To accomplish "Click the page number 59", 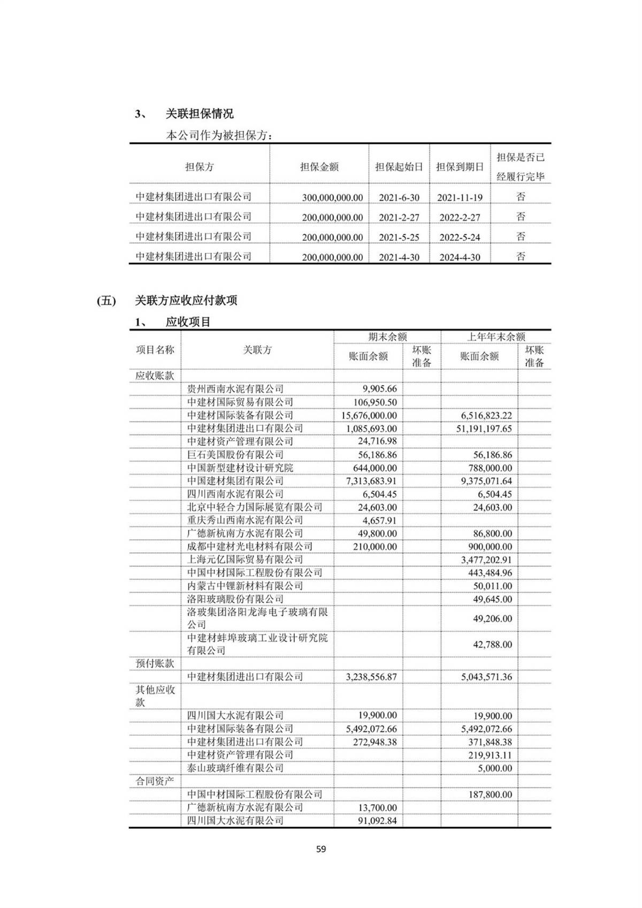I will click(x=321, y=849).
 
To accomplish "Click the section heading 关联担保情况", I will click(x=200, y=114).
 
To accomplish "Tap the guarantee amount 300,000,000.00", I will click(x=332, y=197).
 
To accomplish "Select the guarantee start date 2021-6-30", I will click(x=399, y=197).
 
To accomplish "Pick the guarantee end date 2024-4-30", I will click(x=460, y=257).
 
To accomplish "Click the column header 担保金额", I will click(x=319, y=167).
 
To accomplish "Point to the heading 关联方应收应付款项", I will click(x=186, y=301).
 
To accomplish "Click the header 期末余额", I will click(x=387, y=337).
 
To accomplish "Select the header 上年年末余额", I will click(x=496, y=337).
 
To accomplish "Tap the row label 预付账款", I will click(x=155, y=663).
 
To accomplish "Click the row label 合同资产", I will click(x=155, y=781).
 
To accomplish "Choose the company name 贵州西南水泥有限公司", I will click(x=235, y=389).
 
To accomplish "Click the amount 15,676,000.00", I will click(x=369, y=415).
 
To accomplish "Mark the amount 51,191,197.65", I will click(x=484, y=429).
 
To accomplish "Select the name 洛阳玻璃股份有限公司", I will click(x=235, y=599).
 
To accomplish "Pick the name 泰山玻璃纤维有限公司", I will click(x=235, y=768).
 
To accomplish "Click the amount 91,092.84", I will click(x=377, y=821).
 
